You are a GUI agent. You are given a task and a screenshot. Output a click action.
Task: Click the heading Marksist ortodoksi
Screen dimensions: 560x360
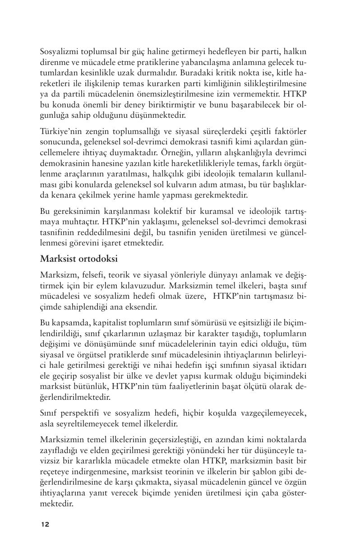pos(79,259)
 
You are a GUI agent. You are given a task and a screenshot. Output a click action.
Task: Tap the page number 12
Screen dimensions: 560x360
pos(45,524)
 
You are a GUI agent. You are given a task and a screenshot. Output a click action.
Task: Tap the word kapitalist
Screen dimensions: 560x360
pos(103,323)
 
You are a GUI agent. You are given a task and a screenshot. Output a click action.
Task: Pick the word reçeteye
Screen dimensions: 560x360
pos(55,472)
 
